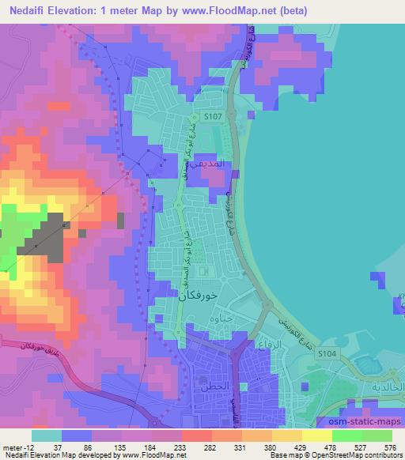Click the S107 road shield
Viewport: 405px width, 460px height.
tap(211, 115)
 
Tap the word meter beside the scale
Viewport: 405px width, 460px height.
tap(10, 446)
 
